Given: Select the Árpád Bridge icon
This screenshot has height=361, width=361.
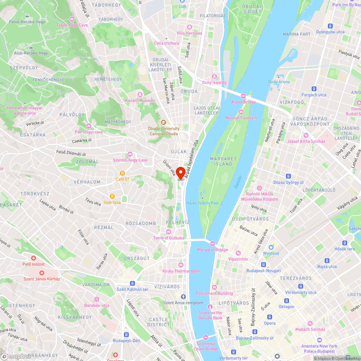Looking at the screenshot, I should (243, 96).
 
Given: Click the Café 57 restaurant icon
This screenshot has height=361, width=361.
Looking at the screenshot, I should (122, 173).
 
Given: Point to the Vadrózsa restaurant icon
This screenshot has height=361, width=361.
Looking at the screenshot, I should (112, 196).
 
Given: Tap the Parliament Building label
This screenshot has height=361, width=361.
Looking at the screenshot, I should (214, 293).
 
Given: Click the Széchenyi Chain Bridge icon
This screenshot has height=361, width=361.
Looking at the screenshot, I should (205, 338).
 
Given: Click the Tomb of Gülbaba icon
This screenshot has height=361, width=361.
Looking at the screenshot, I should (168, 232).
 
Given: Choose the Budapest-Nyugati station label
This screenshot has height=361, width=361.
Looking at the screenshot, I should (264, 271).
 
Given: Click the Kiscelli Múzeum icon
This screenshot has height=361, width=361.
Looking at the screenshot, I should (140, 94).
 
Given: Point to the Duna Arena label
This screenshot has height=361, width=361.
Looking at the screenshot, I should (279, 82).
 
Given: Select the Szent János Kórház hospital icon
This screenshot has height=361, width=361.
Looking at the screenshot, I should (42, 273).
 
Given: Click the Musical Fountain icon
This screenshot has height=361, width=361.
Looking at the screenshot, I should (241, 112).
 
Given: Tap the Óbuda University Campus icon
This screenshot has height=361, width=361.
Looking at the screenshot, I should (163, 122).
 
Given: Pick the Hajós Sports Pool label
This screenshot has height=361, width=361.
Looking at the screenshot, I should (203, 203).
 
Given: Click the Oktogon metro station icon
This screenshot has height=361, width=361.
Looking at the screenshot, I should (286, 301).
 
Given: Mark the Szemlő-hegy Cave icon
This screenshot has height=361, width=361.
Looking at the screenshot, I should (130, 154).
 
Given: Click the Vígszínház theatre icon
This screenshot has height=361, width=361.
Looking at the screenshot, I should (238, 253).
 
